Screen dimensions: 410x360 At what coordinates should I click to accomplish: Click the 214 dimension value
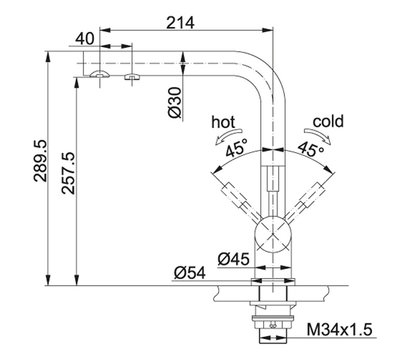point(180,23)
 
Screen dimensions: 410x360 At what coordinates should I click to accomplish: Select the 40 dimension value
point(85,39)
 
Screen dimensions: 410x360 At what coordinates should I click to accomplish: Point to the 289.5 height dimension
point(41,161)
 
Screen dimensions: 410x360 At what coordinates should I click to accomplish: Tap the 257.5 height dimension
point(68,173)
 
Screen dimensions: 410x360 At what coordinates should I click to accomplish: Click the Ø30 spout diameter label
point(175,103)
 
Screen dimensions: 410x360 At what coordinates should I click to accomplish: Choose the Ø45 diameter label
point(234,259)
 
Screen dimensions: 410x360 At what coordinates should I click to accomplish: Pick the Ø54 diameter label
point(190,273)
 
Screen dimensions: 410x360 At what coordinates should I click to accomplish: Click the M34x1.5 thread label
point(339,330)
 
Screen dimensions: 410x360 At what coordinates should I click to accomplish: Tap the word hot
point(223,122)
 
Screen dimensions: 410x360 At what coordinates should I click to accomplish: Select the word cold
point(328,121)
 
